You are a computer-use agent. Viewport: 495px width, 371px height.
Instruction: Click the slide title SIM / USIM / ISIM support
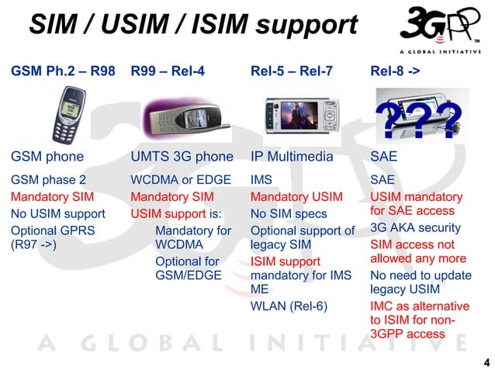pyautogui.click(x=192, y=26)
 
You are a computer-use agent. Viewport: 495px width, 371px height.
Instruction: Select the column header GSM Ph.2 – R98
pyautogui.click(x=63, y=71)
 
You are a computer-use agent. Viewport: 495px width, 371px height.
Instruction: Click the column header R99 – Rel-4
pyautogui.click(x=167, y=71)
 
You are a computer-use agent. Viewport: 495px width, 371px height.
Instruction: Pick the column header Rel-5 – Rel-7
pyautogui.click(x=291, y=71)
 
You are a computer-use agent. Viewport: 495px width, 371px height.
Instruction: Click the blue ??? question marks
pyautogui.click(x=418, y=121)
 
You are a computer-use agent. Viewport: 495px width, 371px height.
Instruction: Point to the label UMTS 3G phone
pyautogui.click(x=182, y=157)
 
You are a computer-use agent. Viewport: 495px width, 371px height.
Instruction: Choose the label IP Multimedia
pyautogui.click(x=291, y=157)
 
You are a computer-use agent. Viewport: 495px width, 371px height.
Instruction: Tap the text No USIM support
pyautogui.click(x=58, y=213)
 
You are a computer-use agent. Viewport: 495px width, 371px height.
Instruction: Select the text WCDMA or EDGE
pyautogui.click(x=181, y=180)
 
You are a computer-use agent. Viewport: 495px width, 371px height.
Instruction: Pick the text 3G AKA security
pyautogui.click(x=416, y=227)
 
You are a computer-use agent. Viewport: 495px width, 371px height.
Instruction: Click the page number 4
pyautogui.click(x=486, y=362)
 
